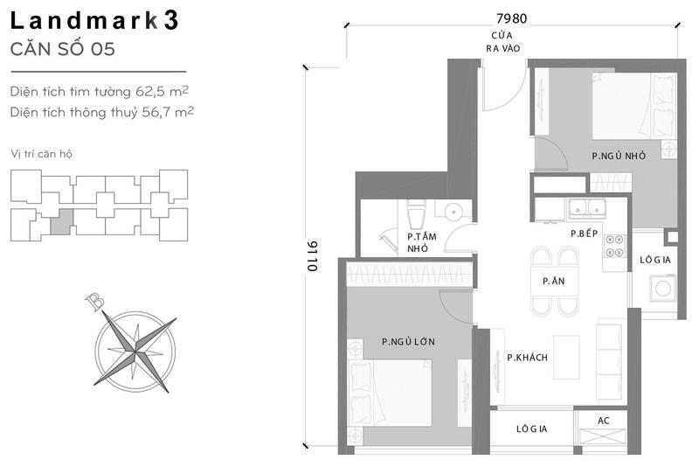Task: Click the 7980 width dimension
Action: (511, 18)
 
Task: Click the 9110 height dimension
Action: (313, 256)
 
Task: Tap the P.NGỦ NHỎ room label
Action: (619, 156)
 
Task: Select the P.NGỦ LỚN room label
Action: (408, 342)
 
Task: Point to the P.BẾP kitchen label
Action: (584, 233)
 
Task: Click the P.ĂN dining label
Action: (554, 281)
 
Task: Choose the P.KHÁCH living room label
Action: (527, 358)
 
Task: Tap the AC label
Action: (604, 421)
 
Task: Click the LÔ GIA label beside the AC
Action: (531, 429)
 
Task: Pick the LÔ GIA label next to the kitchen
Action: (654, 260)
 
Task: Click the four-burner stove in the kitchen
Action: (614, 247)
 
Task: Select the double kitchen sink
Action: (586, 208)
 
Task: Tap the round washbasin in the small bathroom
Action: (453, 212)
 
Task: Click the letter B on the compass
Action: (95, 302)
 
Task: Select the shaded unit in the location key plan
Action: (61, 221)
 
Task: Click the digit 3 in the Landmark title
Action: (170, 20)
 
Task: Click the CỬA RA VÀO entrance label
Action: (503, 41)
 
